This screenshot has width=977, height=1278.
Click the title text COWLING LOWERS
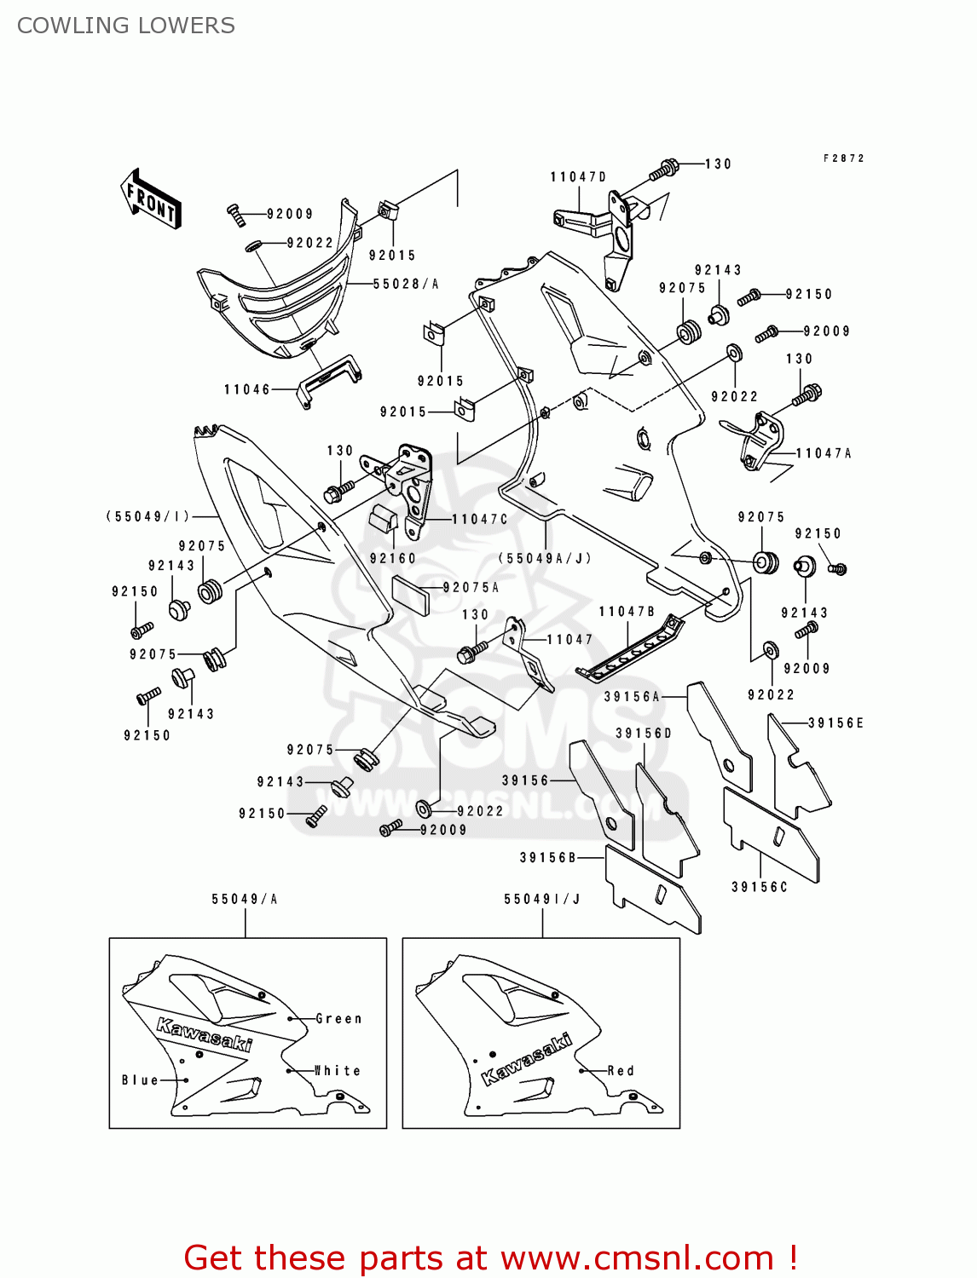(x=125, y=26)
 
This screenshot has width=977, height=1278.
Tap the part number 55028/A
(x=406, y=284)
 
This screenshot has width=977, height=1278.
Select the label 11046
(x=247, y=389)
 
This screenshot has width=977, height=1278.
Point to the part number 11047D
(x=578, y=177)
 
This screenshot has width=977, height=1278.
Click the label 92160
(x=392, y=558)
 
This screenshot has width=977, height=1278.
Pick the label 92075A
(x=471, y=587)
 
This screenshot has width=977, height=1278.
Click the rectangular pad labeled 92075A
(x=411, y=595)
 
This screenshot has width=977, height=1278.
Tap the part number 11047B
(x=627, y=612)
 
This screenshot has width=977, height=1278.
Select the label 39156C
(x=760, y=887)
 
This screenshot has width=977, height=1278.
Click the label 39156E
(x=835, y=722)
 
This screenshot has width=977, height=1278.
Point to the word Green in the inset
(x=338, y=1018)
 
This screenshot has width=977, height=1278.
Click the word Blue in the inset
(x=140, y=1079)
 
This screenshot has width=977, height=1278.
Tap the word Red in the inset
(x=621, y=1070)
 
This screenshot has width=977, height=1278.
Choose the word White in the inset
(x=338, y=1070)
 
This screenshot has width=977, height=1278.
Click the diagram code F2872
(x=844, y=158)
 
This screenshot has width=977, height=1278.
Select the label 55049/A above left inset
(x=245, y=899)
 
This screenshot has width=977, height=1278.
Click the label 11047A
(x=824, y=453)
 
